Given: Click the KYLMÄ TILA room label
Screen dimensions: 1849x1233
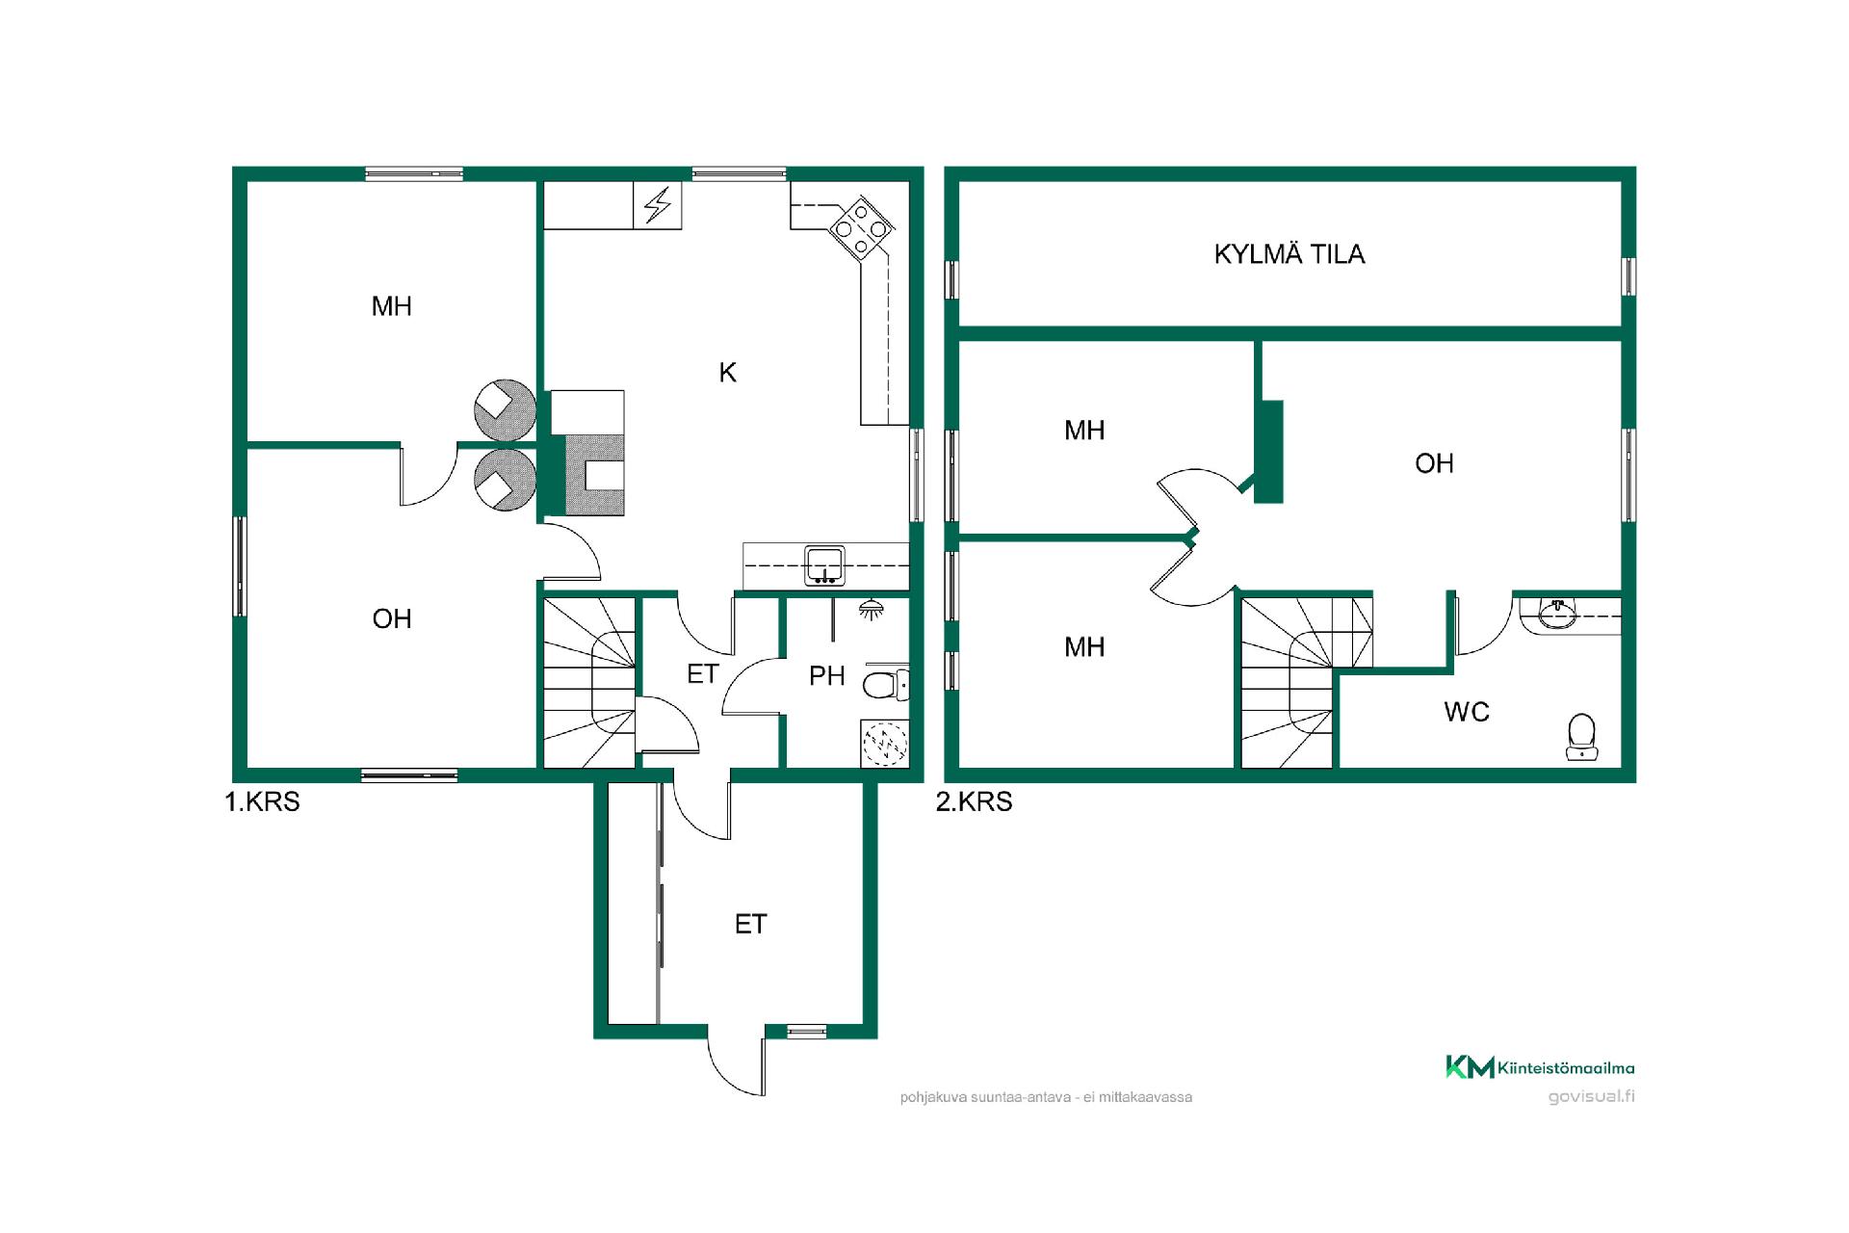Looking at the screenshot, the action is [1289, 254].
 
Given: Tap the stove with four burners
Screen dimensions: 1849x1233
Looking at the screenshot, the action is [861, 228].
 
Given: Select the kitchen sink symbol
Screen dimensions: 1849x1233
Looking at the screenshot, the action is [825, 565].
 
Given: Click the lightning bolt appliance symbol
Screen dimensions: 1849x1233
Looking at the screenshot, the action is [658, 205].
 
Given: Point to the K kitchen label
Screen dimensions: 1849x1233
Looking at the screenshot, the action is [728, 373].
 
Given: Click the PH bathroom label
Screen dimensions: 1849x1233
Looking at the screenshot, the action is [827, 676].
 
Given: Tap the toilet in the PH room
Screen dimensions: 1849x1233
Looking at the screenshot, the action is [885, 685].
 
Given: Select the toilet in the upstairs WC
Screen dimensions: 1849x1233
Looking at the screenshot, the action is [1581, 737].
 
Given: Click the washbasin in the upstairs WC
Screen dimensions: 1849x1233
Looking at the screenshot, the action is [1556, 614].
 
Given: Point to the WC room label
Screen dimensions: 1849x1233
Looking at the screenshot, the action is [1467, 712].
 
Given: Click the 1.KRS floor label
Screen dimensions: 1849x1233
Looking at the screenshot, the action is [262, 801].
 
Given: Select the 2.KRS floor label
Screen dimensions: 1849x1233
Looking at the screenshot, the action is [974, 801].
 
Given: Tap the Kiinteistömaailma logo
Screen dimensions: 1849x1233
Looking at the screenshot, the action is [1539, 1067].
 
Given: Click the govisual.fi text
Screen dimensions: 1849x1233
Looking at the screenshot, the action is [1591, 1096].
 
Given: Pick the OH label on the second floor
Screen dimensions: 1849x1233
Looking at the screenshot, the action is [1434, 463].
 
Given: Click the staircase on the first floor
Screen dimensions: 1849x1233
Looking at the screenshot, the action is [589, 682].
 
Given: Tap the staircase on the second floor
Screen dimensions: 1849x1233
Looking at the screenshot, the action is [1306, 682].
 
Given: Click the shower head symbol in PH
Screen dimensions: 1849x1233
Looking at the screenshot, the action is [872, 610].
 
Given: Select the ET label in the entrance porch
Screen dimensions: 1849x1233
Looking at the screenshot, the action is [750, 925].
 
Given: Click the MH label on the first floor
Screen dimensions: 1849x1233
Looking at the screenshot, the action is [392, 306].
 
